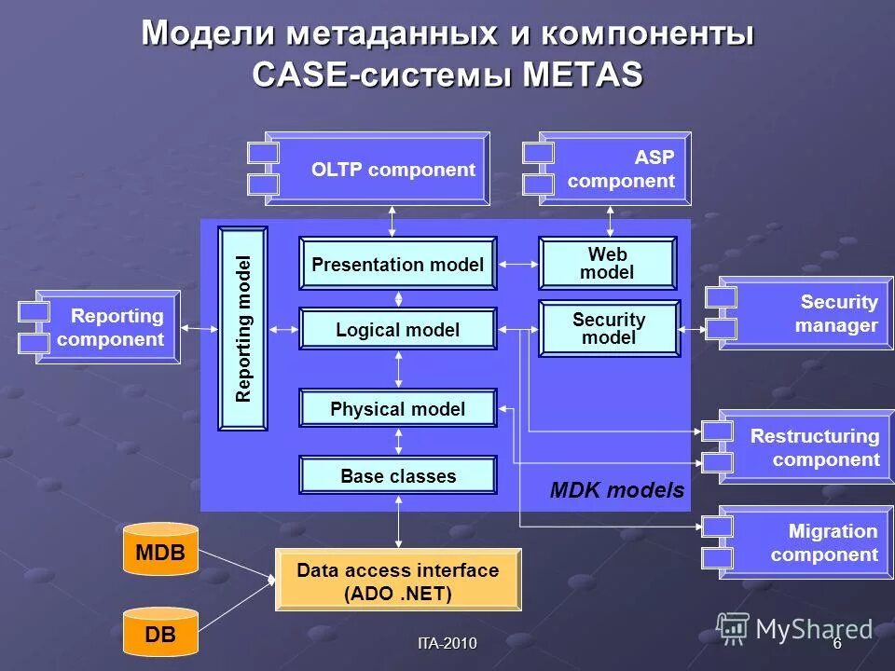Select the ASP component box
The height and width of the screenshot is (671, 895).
coord(615,169)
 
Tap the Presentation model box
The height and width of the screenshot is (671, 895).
coord(397,265)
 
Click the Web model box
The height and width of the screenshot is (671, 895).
coord(607,264)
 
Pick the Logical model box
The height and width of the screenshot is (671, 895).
coord(397,330)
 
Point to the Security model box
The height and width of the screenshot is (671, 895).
coord(609,329)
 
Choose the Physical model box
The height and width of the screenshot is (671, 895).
coord(397,409)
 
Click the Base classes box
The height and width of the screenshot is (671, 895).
coord(397,476)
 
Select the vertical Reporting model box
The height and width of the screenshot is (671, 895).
coord(242,329)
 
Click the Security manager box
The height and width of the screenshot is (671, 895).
coord(811,314)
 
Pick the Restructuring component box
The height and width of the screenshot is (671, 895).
coord(811,447)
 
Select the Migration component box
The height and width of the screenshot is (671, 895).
coord(811,543)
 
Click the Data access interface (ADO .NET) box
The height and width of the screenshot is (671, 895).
coord(397,582)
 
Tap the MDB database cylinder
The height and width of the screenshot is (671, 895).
coord(160,553)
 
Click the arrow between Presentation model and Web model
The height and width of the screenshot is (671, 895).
coord(517,265)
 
